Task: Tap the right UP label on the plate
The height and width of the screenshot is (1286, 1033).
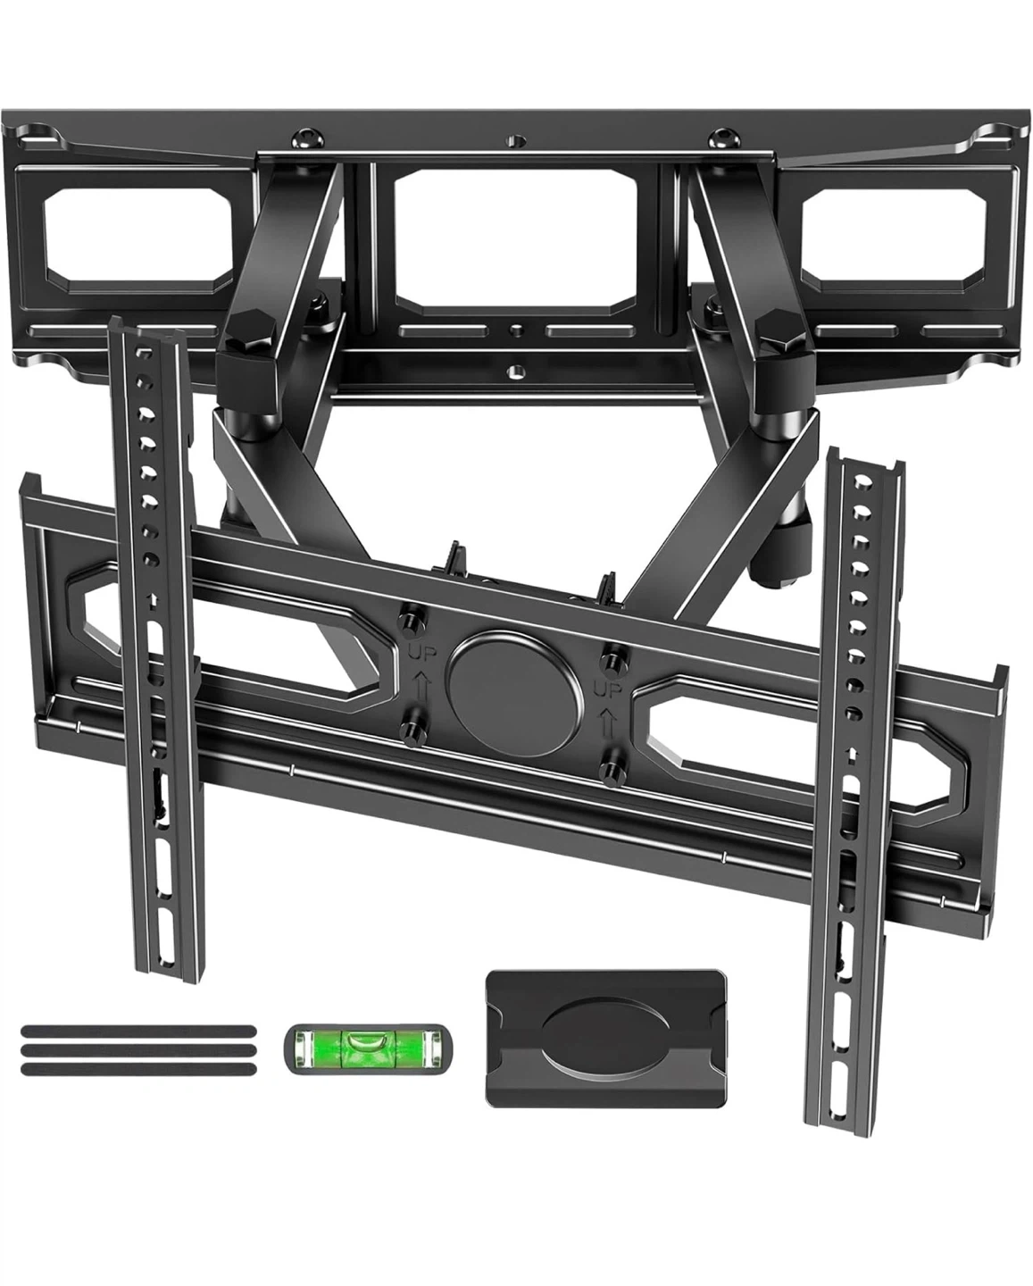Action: tap(607, 690)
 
